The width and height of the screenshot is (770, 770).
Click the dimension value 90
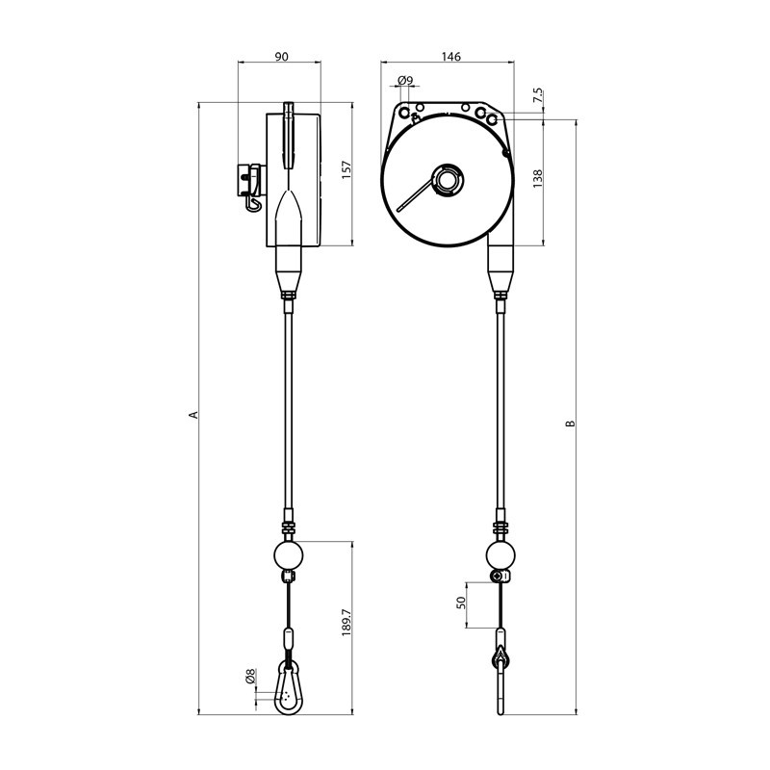click(x=282, y=58)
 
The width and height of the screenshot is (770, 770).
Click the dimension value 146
click(x=451, y=58)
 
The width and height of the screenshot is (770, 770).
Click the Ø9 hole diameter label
click(x=405, y=81)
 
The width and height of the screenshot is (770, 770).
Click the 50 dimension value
click(x=461, y=603)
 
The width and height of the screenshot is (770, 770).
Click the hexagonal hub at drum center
click(x=448, y=179)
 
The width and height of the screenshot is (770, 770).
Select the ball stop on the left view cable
click(x=289, y=555)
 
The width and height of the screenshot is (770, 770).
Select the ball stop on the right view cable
click(x=500, y=555)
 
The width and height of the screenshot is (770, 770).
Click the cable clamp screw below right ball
click(x=499, y=576)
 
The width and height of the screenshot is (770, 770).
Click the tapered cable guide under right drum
click(x=500, y=269)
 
